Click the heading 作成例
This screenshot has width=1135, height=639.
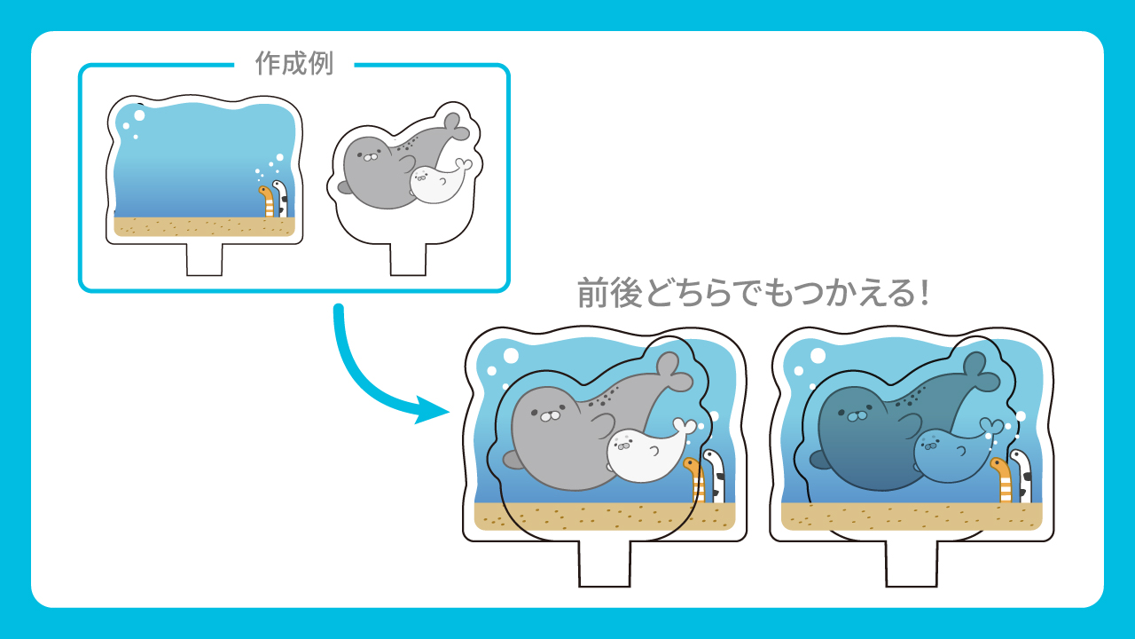(x=294, y=63)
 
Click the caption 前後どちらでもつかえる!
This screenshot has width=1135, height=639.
(x=754, y=293)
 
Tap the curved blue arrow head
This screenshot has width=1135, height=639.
(x=431, y=410)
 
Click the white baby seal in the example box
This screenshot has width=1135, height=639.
(x=438, y=183)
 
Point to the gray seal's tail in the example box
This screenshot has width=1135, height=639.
(x=455, y=126)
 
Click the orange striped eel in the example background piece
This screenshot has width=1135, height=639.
(x=267, y=201)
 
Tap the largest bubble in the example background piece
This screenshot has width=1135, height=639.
(x=139, y=115)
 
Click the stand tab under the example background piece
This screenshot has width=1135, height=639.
(x=204, y=259)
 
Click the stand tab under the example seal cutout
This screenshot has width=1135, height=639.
(x=408, y=259)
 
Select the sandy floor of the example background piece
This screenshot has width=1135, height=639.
(x=204, y=226)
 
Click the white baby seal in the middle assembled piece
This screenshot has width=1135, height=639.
(x=648, y=450)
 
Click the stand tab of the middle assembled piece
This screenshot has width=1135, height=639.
(x=605, y=564)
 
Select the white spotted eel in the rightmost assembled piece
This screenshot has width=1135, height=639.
(x=1021, y=476)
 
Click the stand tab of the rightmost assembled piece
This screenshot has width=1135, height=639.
(x=912, y=564)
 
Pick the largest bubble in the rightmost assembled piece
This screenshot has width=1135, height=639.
(x=818, y=356)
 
